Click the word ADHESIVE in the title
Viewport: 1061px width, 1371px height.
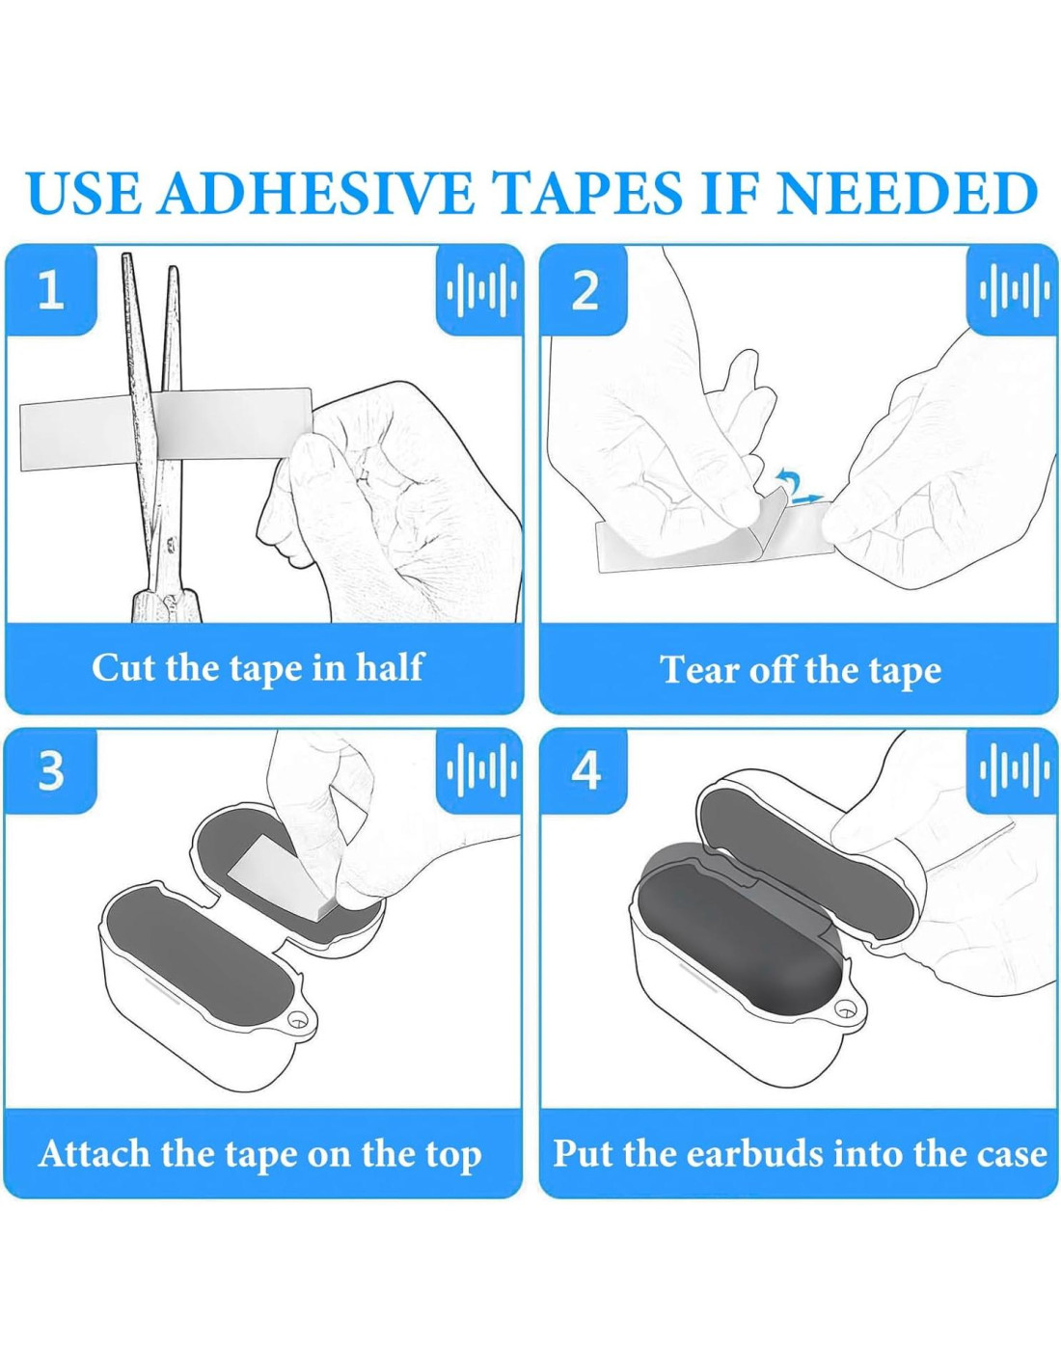coord(315,191)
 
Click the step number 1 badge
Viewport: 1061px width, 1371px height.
coord(51,290)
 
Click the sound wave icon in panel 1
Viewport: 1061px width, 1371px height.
coord(481,290)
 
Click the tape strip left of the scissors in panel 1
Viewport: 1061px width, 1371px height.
coord(76,436)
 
